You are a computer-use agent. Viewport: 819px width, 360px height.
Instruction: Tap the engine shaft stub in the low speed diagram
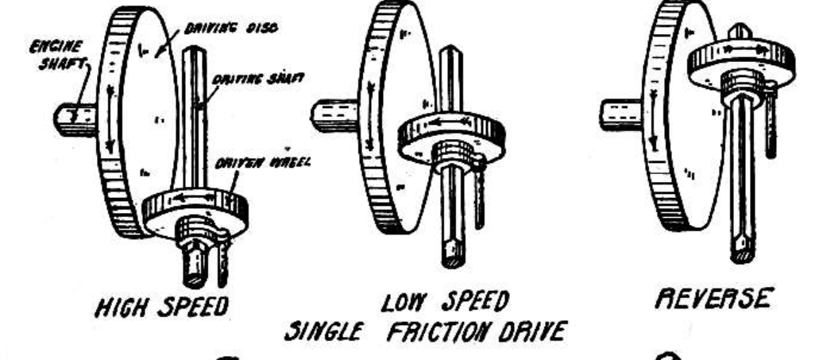334,115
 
